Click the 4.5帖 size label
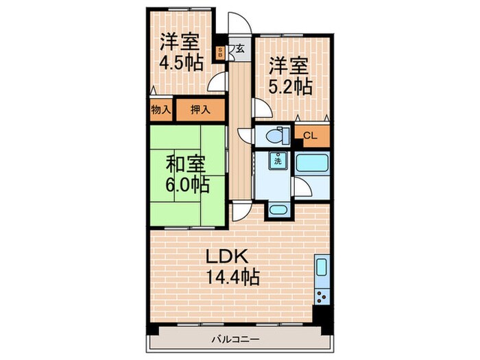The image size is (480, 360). click(181, 62)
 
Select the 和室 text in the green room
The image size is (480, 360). click(185, 165)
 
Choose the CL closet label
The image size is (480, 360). click(310, 135)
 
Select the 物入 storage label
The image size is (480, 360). click(160, 109)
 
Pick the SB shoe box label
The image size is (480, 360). click(220, 52)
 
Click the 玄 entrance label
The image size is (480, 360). click(241, 49)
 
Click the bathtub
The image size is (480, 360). click(313, 165)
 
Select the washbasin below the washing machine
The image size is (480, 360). click(278, 211)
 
